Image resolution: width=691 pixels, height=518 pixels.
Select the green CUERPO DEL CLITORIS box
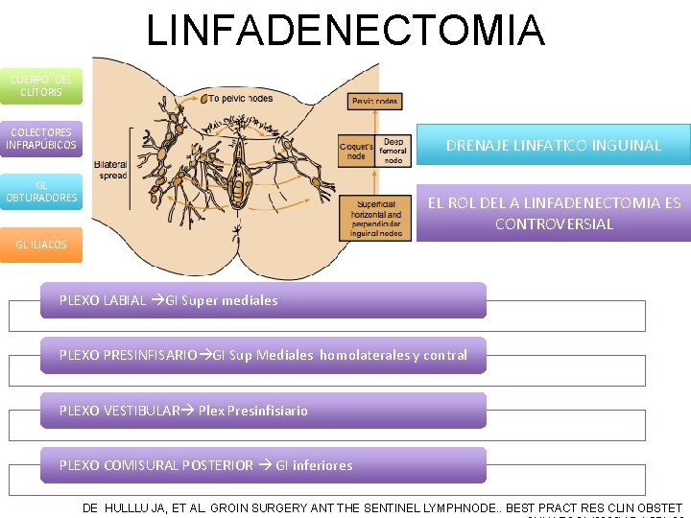pos(41,85)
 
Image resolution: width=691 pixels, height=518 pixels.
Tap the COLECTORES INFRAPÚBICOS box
pos(41,139)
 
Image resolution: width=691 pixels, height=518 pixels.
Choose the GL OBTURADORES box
pos(41,192)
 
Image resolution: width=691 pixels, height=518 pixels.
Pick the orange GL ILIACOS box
pos(41,245)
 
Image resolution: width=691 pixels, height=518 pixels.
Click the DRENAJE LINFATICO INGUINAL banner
pos(554,145)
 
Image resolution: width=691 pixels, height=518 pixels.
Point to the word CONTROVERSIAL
pos(554,224)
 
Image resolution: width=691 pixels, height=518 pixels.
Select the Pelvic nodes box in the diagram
pos(375,101)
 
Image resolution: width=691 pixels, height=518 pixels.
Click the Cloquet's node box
pos(355,151)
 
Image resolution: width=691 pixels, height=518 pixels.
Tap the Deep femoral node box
pos(392,151)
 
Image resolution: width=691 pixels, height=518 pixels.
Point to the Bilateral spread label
pos(111,170)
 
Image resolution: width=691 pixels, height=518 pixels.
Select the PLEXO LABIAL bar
pos(264,300)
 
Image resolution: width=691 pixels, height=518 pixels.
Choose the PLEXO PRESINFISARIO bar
pos(264,355)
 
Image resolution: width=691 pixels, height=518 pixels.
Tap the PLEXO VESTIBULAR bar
pos(264,411)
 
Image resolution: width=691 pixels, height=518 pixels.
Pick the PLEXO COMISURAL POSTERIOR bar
pos(264,465)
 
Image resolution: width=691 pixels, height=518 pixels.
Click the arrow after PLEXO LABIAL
pos(157,300)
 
